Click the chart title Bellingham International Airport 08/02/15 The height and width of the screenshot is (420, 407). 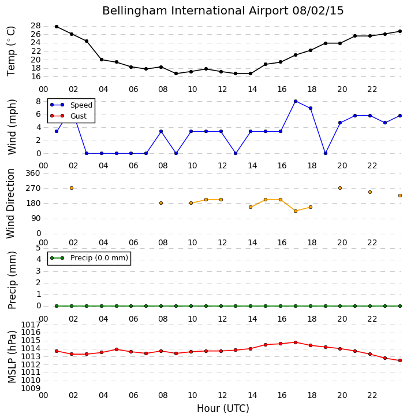(223, 11)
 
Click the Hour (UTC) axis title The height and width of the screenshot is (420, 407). (223, 408)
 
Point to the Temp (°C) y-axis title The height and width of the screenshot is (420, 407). (11, 51)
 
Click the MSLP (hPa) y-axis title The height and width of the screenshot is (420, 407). (12, 356)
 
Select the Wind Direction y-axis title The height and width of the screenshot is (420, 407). (10, 203)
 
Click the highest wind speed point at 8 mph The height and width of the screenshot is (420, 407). (296, 101)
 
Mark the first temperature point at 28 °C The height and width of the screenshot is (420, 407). (57, 27)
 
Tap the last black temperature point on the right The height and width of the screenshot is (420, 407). (400, 31)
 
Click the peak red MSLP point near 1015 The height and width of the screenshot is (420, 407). (296, 342)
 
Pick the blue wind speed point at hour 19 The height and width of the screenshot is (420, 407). (326, 153)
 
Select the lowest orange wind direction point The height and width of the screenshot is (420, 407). (296, 211)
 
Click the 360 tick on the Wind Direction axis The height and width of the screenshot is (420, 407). (33, 173)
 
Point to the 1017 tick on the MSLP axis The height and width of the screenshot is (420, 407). (31, 325)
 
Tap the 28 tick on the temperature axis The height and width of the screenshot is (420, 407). (36, 26)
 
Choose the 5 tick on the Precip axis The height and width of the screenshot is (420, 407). (38, 248)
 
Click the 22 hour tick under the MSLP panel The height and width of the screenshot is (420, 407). (372, 395)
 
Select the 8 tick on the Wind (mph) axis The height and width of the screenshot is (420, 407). (38, 101)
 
